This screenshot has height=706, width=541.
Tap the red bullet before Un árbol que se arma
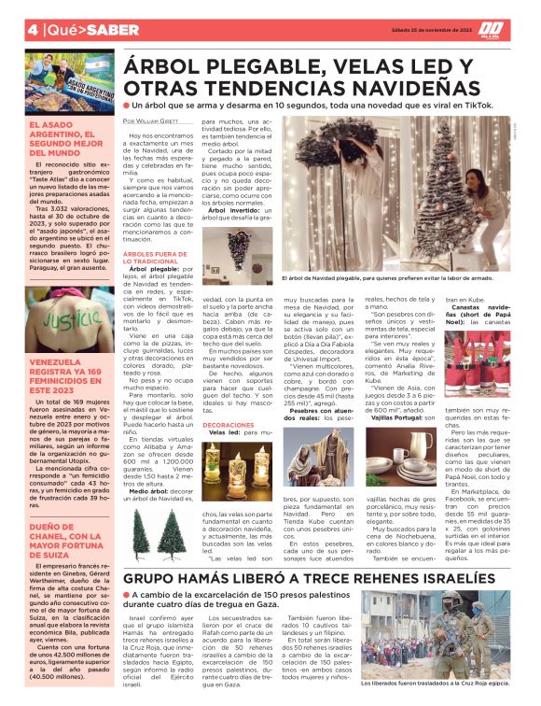coord(125,106)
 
